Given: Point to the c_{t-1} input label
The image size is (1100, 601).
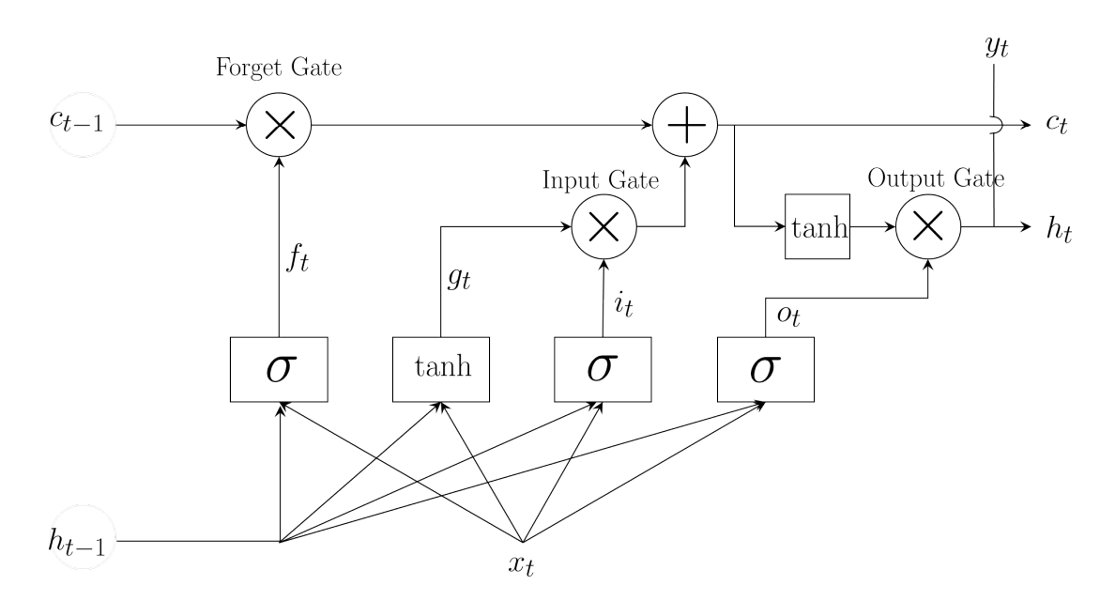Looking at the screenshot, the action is tap(76, 121).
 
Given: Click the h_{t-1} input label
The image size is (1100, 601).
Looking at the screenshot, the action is tap(76, 541).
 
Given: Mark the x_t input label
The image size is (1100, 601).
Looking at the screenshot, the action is tap(521, 564).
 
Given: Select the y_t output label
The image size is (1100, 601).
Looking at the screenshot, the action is tap(997, 47).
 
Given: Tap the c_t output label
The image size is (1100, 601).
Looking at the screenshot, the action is tap(1057, 124).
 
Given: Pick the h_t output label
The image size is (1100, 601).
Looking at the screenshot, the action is tap(1060, 228).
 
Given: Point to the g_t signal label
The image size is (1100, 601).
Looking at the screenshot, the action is tap(460, 278).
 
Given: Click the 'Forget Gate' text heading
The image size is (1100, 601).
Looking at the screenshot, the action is tap(279, 68).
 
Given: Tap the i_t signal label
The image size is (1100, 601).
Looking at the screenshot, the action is tap(623, 304).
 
